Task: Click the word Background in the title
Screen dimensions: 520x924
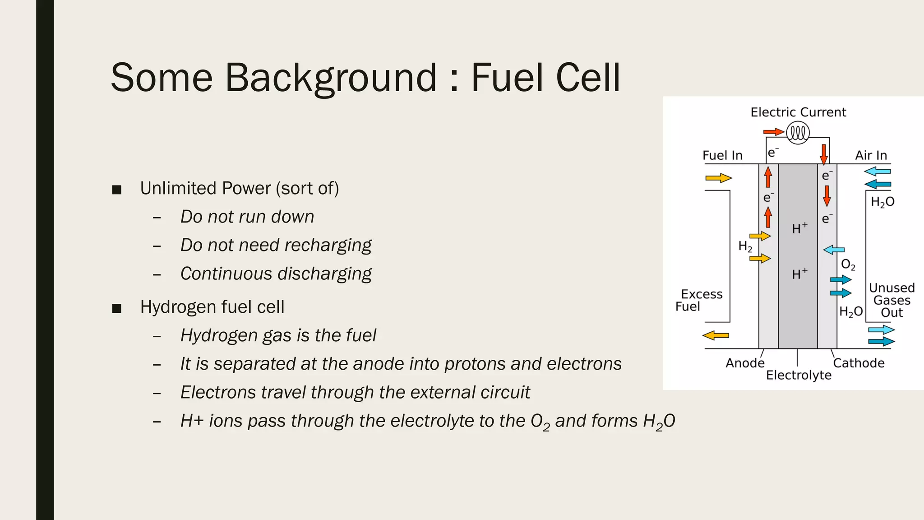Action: coord(331,78)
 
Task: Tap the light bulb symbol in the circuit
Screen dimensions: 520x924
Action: coord(798,133)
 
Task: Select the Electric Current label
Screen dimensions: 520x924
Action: coord(798,112)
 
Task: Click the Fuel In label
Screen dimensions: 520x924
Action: coord(722,155)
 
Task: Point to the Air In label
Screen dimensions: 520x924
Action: coord(871,155)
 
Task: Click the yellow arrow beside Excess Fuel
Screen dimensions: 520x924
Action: coord(716,335)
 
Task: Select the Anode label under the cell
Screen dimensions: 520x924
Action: coord(745,363)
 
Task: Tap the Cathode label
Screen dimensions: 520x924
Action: coord(858,363)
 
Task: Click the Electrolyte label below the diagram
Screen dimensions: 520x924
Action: coord(799,375)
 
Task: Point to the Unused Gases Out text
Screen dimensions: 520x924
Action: coord(892,300)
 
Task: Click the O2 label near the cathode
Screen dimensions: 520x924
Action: coord(848,265)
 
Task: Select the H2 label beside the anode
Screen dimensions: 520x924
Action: coord(745,246)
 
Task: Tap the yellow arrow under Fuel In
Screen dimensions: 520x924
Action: coord(718,178)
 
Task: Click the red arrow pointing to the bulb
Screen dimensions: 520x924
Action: coord(773,132)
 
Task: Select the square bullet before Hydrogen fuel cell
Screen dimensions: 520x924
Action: coord(117,308)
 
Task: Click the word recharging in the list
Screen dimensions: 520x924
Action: coord(328,245)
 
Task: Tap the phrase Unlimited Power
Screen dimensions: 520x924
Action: coord(205,188)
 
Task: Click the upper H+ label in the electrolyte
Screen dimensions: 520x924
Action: coord(799,228)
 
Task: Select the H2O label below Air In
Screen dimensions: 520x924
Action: coord(882,202)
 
